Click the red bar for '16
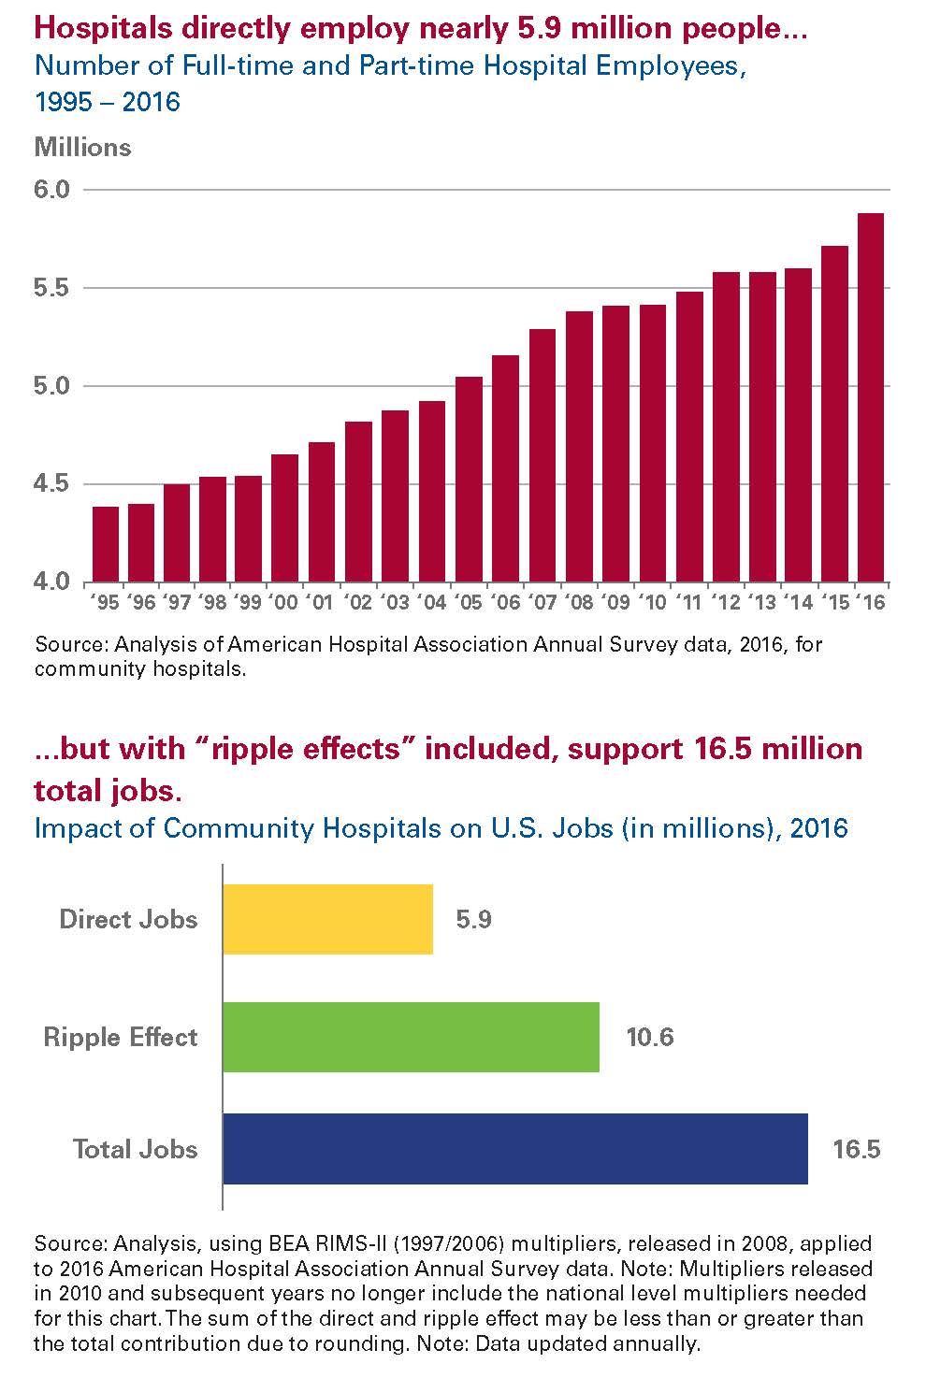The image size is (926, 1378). coord(871,397)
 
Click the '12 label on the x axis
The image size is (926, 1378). coord(725,602)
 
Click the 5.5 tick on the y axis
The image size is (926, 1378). coord(52,288)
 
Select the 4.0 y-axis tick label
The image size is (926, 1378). coord(52,581)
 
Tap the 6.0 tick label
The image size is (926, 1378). coord(52,190)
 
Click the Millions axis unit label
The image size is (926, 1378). coord(82,148)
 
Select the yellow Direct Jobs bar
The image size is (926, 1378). coord(328,919)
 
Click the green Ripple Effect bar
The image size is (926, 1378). coord(412,1037)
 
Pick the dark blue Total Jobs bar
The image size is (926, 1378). coord(515,1149)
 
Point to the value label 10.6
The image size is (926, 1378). coord(650,1037)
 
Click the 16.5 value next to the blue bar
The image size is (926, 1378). coord(857,1149)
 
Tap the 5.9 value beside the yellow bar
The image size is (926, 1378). coord(473,919)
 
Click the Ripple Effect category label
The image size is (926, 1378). coord(121,1037)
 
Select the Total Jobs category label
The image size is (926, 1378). coord(136,1149)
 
